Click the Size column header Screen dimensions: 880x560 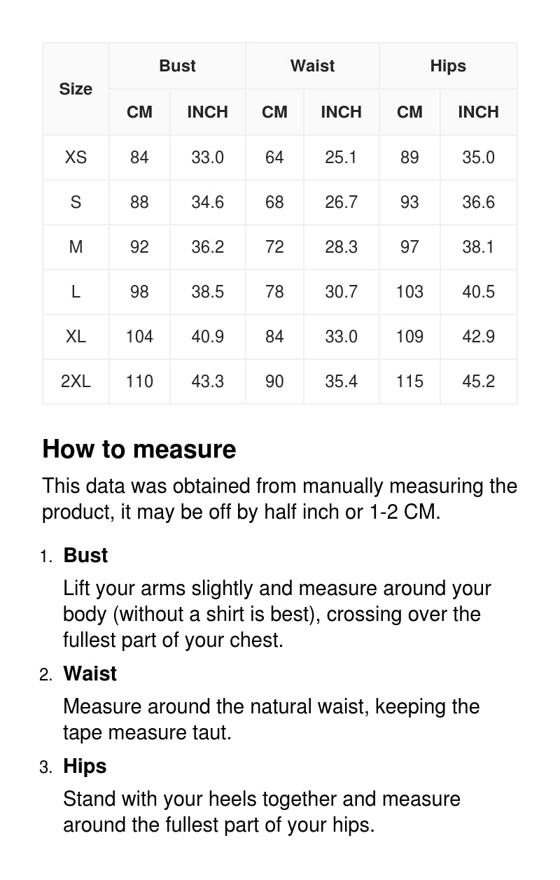[x=76, y=89]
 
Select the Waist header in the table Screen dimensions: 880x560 [x=312, y=66]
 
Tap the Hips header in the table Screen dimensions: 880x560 [x=448, y=66]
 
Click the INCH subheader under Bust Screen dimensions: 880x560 [x=207, y=112]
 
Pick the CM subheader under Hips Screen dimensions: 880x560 [x=409, y=112]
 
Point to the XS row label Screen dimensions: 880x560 [x=76, y=157]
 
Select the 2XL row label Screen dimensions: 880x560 [x=76, y=381]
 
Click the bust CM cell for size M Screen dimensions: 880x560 [x=139, y=246]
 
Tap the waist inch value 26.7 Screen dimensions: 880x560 [x=341, y=202]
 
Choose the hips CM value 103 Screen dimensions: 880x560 [x=409, y=291]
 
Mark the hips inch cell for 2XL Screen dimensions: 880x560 [x=478, y=381]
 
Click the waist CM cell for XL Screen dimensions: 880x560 [x=274, y=336]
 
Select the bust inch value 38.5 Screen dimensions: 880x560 [x=207, y=291]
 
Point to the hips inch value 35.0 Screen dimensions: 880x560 [x=478, y=157]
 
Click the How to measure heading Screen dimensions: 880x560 [x=139, y=449]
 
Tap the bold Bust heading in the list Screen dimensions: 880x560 [x=85, y=555]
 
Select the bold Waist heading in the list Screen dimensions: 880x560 [x=90, y=673]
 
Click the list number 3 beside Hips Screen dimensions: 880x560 [x=45, y=767]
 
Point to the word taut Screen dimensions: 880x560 [x=211, y=732]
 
